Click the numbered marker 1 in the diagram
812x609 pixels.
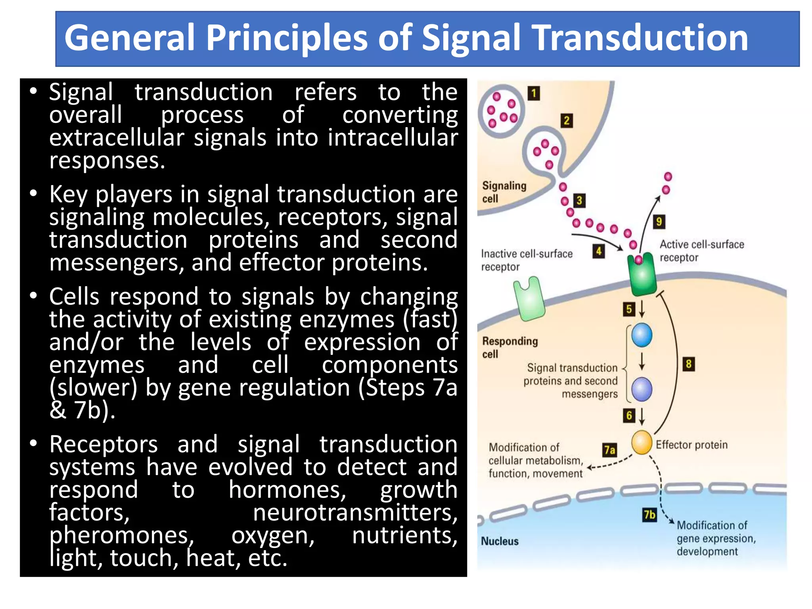(x=534, y=94)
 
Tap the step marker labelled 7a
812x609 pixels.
(x=609, y=450)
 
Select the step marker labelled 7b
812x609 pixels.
(x=649, y=515)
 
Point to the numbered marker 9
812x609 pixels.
(x=659, y=222)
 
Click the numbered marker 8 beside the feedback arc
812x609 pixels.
(x=689, y=364)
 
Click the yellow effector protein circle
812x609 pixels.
(x=642, y=442)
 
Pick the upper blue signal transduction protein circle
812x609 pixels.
(x=642, y=335)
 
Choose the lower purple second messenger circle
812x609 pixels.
(x=642, y=389)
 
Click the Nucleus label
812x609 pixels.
(x=500, y=541)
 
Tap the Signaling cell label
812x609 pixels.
(x=504, y=192)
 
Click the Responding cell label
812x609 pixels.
(x=509, y=347)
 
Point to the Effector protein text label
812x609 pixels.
(x=691, y=445)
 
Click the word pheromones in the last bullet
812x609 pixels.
(x=121, y=536)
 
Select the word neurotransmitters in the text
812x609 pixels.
(x=355, y=513)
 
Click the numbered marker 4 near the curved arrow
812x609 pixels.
(x=599, y=251)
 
